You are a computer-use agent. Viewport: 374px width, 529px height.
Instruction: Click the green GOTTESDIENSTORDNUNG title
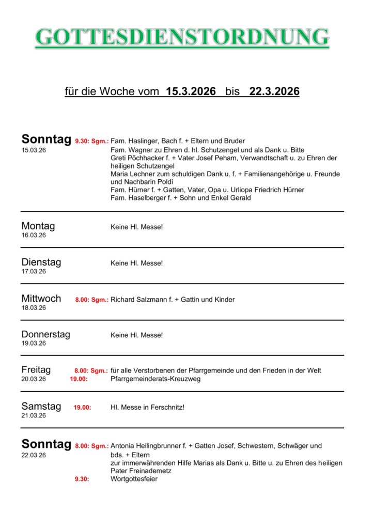click(182, 37)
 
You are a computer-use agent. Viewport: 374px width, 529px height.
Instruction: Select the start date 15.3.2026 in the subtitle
click(191, 92)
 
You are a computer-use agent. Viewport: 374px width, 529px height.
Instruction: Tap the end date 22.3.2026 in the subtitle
click(274, 92)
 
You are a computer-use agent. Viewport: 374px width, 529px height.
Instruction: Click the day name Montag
click(38, 226)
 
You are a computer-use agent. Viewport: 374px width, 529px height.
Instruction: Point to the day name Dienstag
click(41, 262)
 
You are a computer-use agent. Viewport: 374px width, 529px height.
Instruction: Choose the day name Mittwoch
click(41, 299)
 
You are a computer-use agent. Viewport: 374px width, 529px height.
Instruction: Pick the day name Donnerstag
click(46, 334)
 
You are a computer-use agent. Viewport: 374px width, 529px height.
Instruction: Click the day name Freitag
click(36, 370)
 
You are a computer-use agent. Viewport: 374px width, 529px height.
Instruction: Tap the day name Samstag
click(41, 407)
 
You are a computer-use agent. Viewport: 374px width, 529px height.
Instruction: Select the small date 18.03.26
click(34, 308)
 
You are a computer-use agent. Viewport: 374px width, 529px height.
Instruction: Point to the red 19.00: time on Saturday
click(82, 408)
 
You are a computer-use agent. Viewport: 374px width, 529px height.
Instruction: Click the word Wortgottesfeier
click(134, 479)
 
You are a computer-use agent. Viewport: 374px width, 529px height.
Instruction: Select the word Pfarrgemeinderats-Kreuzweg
click(155, 379)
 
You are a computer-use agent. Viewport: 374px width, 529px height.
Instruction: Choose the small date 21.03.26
click(34, 415)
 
